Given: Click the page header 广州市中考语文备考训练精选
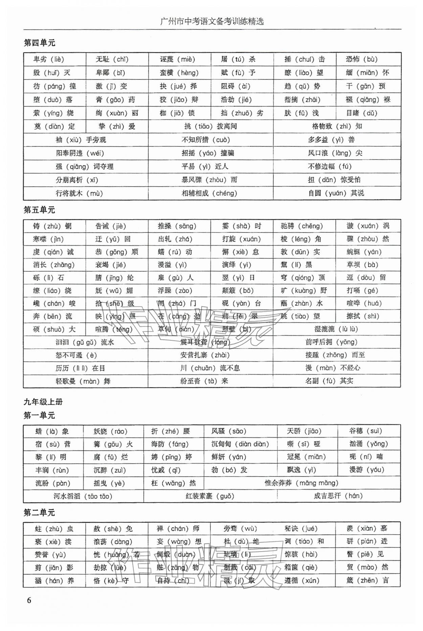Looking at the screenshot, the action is (x=212, y=22).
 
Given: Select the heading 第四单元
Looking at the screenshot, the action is (x=39, y=43).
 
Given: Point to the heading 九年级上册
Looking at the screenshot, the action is (x=43, y=402).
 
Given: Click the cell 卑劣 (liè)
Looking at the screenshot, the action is (x=49, y=59).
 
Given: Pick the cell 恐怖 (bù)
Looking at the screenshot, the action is (x=361, y=59).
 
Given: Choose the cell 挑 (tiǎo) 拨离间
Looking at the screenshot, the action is (x=210, y=126).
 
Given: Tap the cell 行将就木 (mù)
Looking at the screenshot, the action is (x=79, y=194).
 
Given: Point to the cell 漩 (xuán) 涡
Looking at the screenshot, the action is (x=368, y=226).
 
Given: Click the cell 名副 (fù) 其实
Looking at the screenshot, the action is (x=329, y=381).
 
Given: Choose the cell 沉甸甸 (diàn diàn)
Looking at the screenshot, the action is (x=240, y=444).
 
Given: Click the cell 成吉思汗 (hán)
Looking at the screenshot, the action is (x=338, y=496).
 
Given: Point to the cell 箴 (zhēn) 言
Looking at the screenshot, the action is (x=368, y=581).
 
